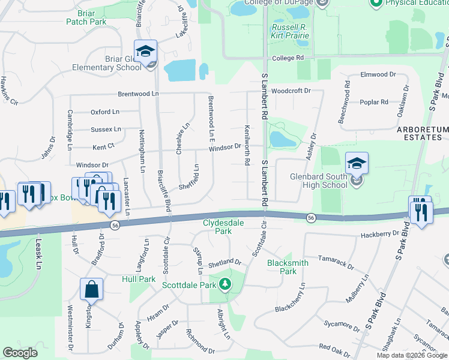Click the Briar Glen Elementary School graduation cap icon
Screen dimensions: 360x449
coord(145,51)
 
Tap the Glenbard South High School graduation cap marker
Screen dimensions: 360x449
coord(357,163)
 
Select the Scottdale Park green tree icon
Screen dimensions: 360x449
coord(225,284)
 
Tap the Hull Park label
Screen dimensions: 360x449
coord(138,279)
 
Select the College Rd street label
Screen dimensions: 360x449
coord(288,58)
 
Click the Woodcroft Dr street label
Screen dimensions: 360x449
coord(291,91)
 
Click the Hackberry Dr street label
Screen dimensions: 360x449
coord(381,233)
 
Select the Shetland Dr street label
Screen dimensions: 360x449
coord(224,262)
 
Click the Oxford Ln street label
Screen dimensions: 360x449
coord(105,112)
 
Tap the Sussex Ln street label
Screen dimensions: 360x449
coord(106,129)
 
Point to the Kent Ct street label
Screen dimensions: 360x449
coord(103,146)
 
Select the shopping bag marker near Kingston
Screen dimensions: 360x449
coord(93,289)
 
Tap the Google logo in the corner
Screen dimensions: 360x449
coord(20,353)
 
